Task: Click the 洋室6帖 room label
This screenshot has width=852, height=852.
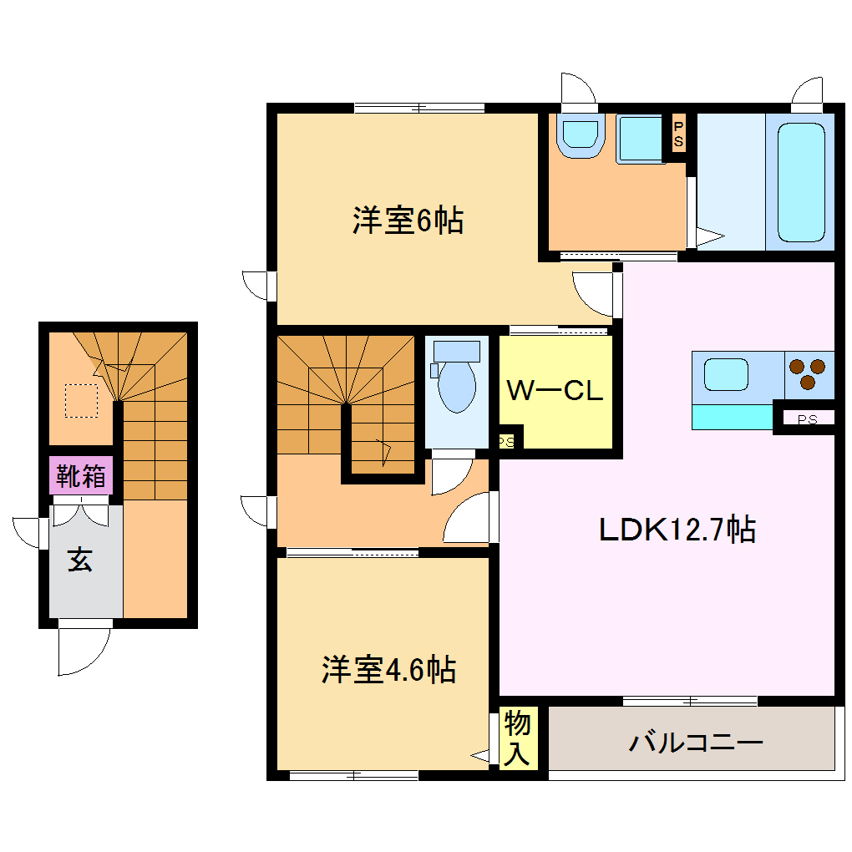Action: (x=408, y=221)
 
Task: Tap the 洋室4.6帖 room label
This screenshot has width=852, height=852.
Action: (x=388, y=669)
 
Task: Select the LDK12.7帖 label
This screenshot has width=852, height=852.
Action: (x=677, y=529)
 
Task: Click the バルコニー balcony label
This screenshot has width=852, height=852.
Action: (x=697, y=741)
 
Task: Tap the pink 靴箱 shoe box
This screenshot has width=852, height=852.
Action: (x=80, y=476)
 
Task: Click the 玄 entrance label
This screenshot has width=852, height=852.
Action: (x=80, y=560)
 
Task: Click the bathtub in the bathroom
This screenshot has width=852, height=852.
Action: (x=801, y=181)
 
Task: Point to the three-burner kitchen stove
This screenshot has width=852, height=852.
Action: (x=808, y=373)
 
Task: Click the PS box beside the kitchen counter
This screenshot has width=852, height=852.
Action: (x=807, y=419)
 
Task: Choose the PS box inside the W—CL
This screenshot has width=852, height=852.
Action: (x=507, y=440)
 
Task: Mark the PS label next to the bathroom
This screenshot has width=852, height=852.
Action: (x=678, y=134)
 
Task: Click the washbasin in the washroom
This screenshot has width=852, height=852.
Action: (x=580, y=135)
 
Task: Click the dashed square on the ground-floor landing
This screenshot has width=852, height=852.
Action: (x=82, y=400)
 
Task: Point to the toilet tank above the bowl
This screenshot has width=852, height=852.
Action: (x=457, y=350)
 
